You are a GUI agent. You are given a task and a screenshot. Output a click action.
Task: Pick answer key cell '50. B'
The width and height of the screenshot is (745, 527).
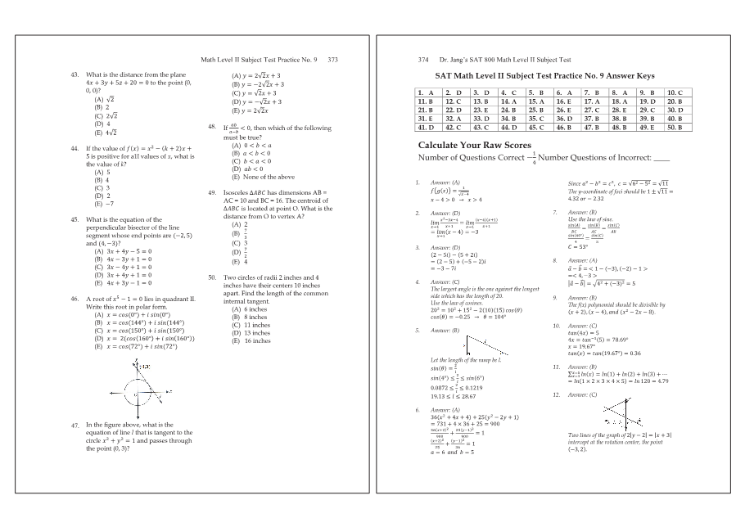click(675, 127)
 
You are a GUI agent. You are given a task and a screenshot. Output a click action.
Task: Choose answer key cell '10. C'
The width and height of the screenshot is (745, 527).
click(675, 93)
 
